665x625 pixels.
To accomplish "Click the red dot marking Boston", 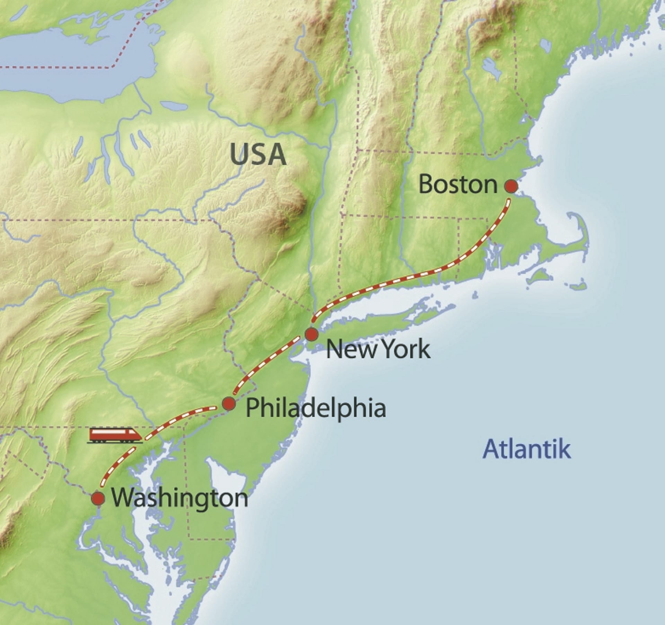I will pyautogui.click(x=511, y=186).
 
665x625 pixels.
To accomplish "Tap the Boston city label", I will pyautogui.click(x=458, y=185).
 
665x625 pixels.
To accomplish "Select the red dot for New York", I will pyautogui.click(x=312, y=334).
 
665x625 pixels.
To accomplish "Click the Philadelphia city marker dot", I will pyautogui.click(x=229, y=403).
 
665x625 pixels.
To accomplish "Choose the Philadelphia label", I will pyautogui.click(x=316, y=408).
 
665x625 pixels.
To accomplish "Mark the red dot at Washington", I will pyautogui.click(x=98, y=499).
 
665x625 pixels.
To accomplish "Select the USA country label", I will pyautogui.click(x=258, y=154).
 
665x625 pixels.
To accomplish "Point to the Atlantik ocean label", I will pyautogui.click(x=526, y=449).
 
